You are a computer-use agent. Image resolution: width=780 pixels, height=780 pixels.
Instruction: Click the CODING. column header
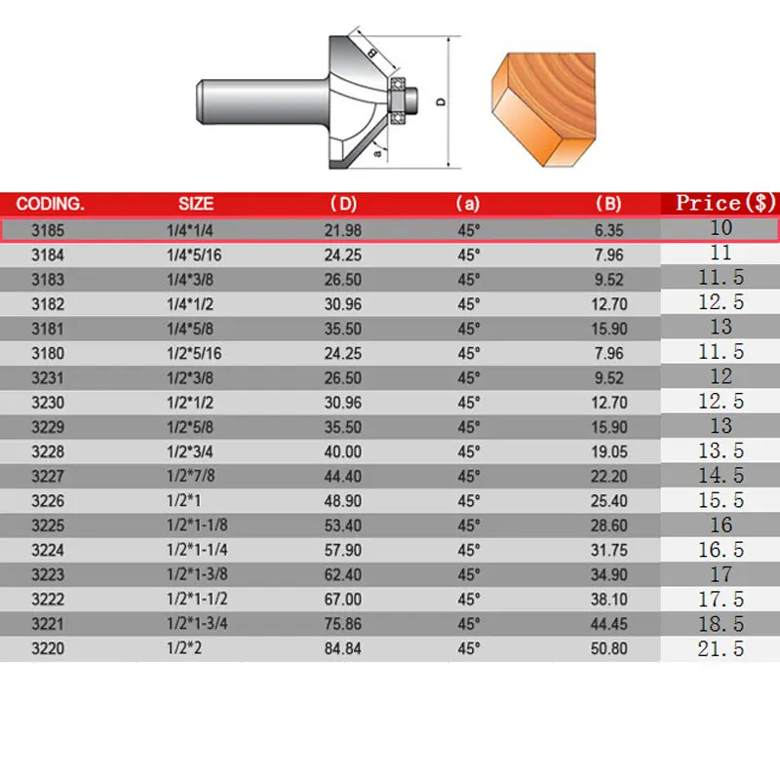pos(51,205)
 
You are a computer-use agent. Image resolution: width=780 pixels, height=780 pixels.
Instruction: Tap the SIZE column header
pos(196,205)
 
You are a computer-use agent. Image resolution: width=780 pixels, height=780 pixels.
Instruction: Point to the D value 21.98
pos(343,230)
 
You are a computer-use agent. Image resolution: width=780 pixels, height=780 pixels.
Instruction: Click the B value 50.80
pos(608,648)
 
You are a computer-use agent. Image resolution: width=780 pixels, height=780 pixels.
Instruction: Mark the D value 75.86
pos(343,624)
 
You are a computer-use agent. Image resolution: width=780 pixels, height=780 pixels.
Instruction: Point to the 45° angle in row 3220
pos(469,648)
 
